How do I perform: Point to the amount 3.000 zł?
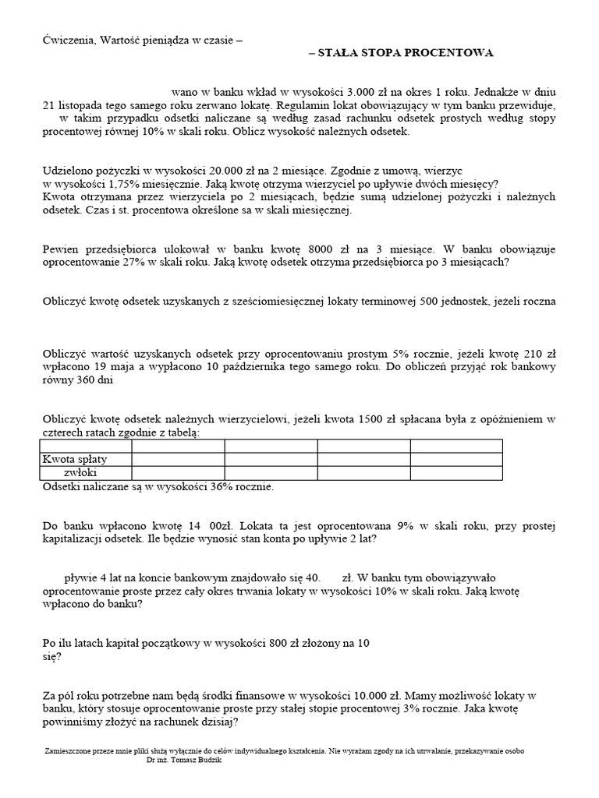(328, 92)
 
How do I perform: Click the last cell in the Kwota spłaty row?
(455, 459)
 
